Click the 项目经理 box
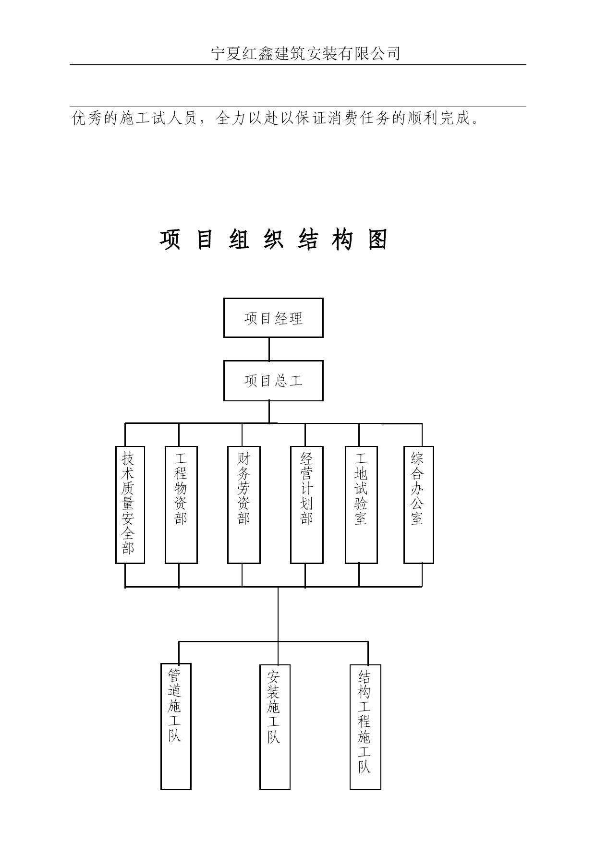coord(273,318)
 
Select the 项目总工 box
coord(273,381)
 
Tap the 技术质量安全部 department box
coord(130,505)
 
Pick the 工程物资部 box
coord(181,505)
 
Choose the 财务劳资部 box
coord(244,505)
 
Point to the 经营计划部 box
coord(307,505)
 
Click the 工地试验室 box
coord(361,505)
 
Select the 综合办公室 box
coord(419,505)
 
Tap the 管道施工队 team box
coord(176,726)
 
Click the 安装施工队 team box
coord(275,727)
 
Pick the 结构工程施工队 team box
coord(365,727)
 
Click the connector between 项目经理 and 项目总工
coord(269,349)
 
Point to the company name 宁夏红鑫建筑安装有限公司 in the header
coord(306,53)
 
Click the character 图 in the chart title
coord(378,239)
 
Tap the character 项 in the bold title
coord(170,239)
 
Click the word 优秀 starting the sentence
coord(87,118)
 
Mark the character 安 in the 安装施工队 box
coord(274,677)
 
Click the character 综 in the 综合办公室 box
coord(417,458)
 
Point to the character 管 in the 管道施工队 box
coord(175,676)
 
